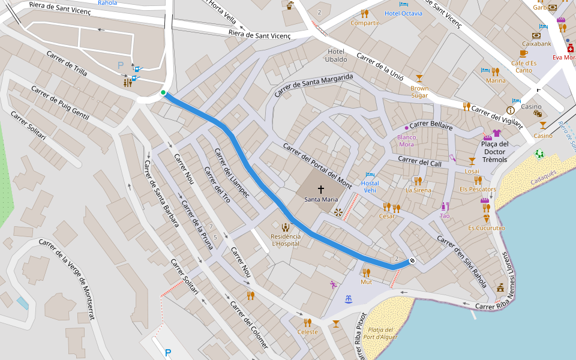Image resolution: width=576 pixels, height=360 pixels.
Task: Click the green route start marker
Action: point(163,92)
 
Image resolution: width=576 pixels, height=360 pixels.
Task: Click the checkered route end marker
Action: point(412,260)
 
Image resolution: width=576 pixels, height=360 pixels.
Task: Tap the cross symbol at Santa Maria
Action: point(320,189)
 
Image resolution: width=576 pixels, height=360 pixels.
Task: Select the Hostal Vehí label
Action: point(370,186)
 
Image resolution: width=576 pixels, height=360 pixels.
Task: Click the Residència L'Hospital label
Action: point(286,240)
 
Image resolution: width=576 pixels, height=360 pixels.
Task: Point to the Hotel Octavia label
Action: point(403,13)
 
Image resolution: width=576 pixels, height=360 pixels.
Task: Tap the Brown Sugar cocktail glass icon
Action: point(419,78)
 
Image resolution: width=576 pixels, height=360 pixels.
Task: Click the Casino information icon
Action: point(511,110)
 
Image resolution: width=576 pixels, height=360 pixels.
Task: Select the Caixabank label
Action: point(536,44)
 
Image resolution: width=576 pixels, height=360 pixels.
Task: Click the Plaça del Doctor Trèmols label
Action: point(494,151)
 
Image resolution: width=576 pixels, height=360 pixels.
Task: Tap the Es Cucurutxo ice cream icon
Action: point(486,219)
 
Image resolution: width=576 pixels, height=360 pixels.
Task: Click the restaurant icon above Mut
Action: point(366,272)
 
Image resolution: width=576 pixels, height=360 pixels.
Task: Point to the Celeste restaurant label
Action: point(307,332)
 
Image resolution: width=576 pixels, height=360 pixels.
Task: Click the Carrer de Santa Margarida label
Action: point(314,86)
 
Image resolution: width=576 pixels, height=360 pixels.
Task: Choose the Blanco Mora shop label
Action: point(406,140)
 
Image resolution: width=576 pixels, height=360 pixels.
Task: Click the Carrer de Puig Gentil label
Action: point(60,103)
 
